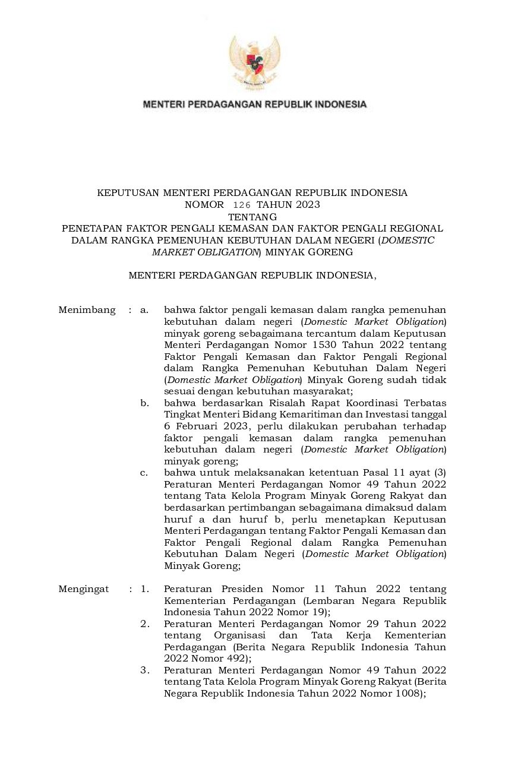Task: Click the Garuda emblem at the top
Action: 254,62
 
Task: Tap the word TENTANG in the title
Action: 252,217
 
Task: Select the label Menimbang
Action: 87,310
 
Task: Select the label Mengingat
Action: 84,589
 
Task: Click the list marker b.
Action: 144,403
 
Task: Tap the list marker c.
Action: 144,473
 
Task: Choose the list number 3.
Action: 144,670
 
